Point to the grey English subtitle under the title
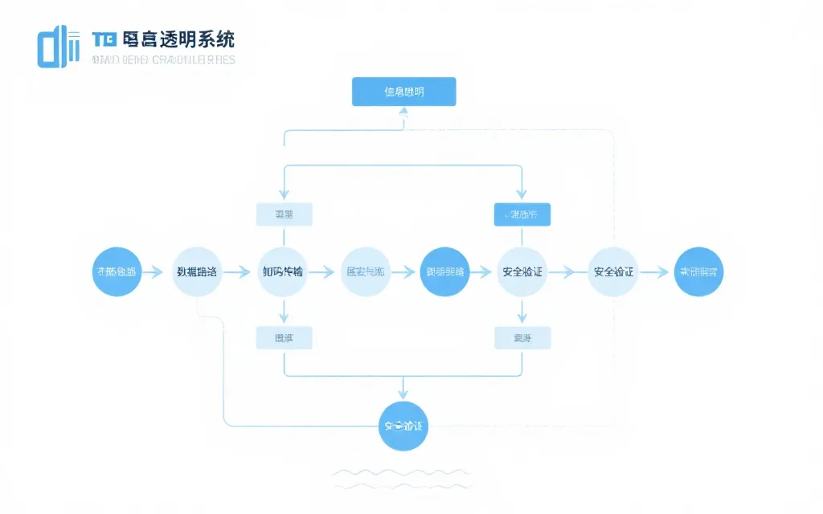click(164, 59)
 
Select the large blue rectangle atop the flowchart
click(404, 92)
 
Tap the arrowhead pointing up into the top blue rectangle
click(404, 113)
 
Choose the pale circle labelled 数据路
click(197, 271)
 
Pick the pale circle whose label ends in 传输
click(283, 271)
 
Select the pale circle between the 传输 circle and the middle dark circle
click(365, 271)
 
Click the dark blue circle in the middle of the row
click(444, 271)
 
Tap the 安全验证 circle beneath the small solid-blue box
click(522, 271)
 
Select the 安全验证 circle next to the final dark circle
click(613, 271)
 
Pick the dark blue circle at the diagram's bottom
click(403, 426)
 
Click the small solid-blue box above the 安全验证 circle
click(522, 214)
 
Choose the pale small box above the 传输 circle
click(284, 214)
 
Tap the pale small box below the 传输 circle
click(284, 338)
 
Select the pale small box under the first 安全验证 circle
click(522, 338)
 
